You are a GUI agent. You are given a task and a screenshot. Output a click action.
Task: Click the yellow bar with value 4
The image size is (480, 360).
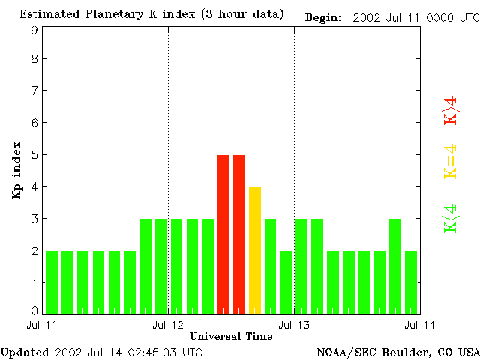click(x=255, y=250)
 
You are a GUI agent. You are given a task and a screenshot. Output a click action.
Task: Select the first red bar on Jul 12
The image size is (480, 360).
click(x=223, y=234)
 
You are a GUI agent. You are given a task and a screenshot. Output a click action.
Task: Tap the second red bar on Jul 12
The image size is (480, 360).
click(x=239, y=234)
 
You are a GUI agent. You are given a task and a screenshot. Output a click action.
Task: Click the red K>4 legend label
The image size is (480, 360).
click(x=451, y=110)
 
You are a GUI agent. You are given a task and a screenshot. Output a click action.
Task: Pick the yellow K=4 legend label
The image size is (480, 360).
click(x=451, y=162)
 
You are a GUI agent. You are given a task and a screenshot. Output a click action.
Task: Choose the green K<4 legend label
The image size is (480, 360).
click(x=451, y=218)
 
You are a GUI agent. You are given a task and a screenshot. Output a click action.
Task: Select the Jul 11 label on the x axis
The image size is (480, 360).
click(x=41, y=325)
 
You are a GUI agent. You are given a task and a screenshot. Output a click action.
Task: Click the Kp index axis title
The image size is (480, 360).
click(x=16, y=170)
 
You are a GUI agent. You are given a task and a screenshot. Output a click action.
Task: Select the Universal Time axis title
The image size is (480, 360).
click(x=231, y=336)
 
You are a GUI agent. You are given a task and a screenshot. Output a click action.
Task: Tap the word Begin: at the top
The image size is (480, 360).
click(x=324, y=17)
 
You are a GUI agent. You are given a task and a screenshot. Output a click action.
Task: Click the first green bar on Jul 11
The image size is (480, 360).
click(x=52, y=282)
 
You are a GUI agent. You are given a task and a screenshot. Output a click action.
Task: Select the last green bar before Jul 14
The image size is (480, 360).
click(x=411, y=282)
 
